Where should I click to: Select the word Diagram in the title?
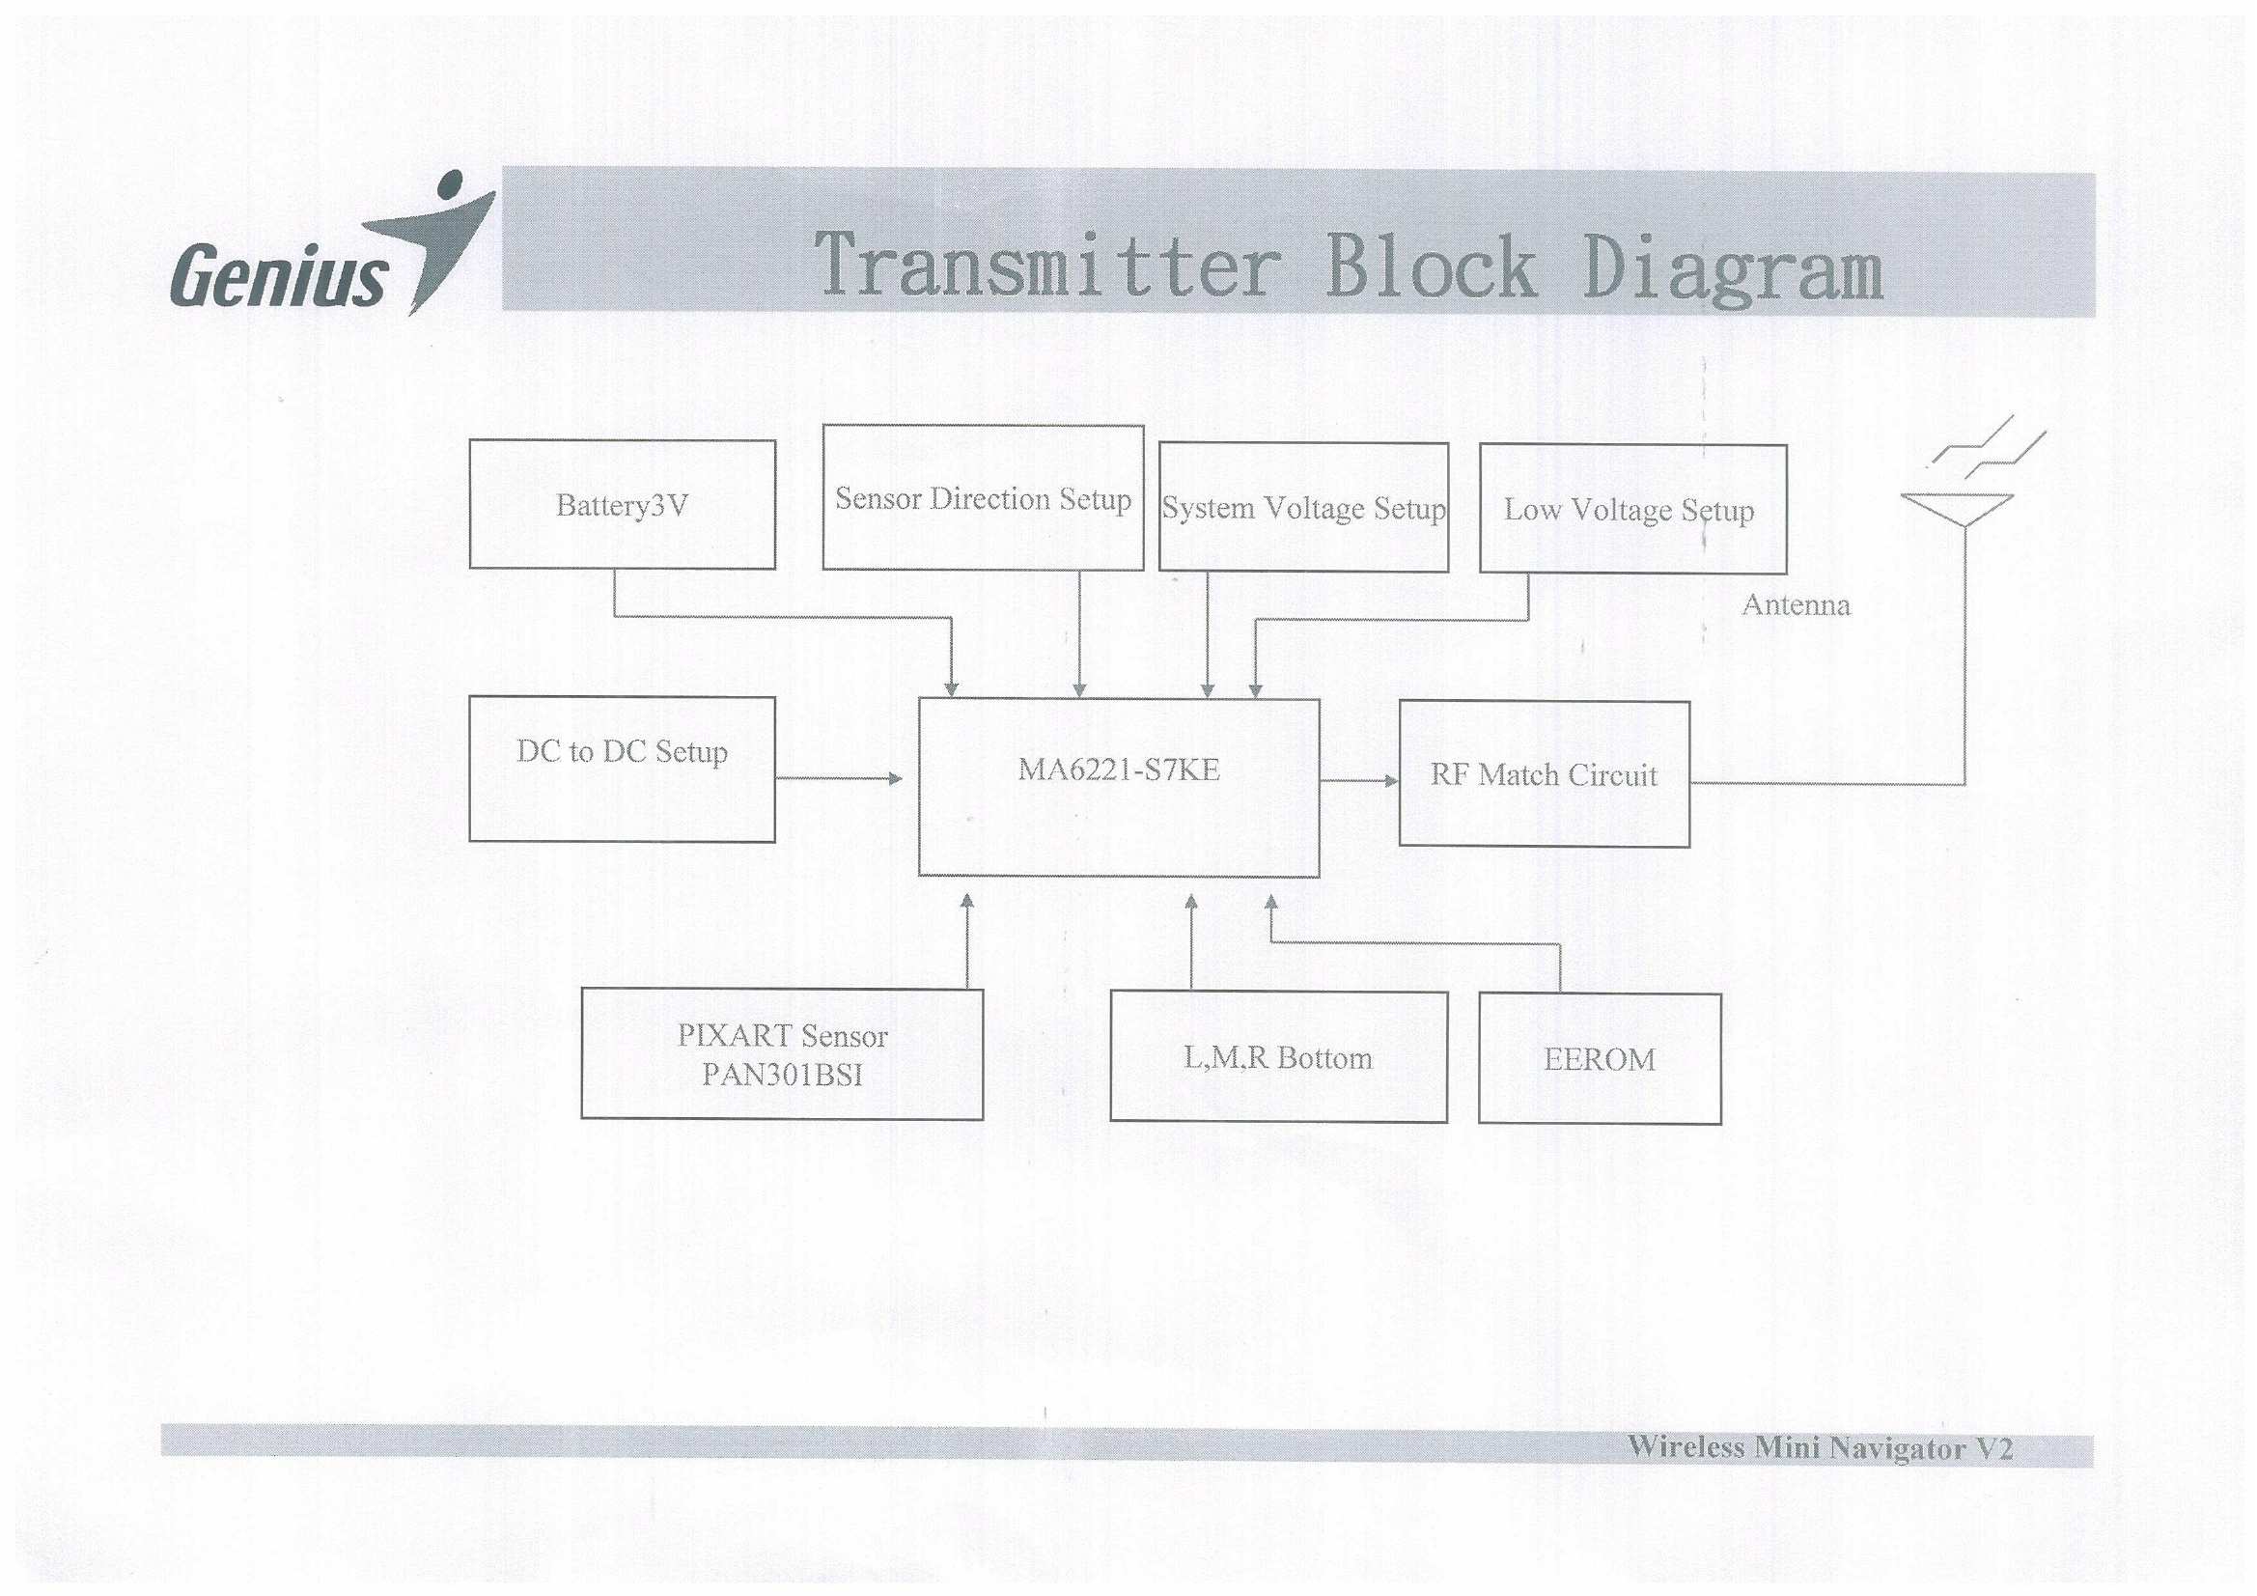coord(1732,268)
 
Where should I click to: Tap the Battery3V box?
coord(622,504)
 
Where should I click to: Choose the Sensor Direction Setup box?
coord(982,497)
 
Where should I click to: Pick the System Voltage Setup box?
coord(1302,508)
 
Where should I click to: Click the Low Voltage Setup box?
coord(1631,510)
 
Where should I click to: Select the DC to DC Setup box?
coord(622,769)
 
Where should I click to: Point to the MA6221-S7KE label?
coord(1119,769)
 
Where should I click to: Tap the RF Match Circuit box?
coord(1544,774)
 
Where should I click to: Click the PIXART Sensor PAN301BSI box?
coord(782,1053)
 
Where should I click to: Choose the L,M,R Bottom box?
coord(1278,1056)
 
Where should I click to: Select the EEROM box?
coord(1600,1058)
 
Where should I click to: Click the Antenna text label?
coord(1796,603)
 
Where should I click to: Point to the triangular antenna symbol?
coord(1956,508)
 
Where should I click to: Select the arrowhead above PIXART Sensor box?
coord(967,901)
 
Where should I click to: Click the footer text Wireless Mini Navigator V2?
coord(1820,1447)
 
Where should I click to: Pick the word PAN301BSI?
coord(782,1075)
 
